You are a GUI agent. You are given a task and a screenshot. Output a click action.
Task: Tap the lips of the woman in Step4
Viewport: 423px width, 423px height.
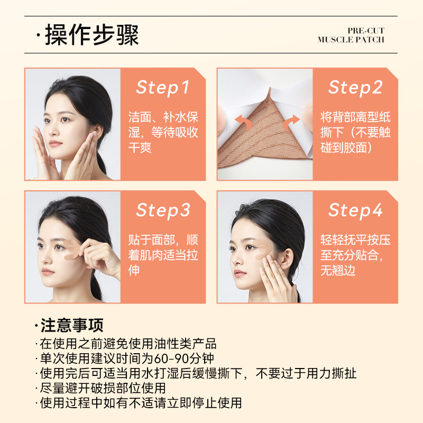tap(239, 274)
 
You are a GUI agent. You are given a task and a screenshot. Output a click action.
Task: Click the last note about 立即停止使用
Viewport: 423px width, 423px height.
tap(140, 403)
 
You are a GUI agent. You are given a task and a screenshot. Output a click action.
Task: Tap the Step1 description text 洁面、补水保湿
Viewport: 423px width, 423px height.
tap(163, 132)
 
